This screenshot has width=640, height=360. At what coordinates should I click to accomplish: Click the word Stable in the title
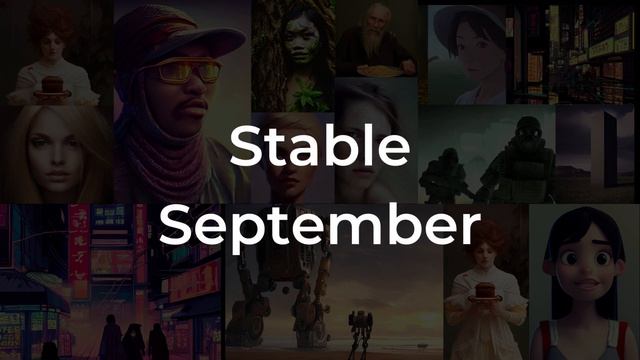tap(320, 147)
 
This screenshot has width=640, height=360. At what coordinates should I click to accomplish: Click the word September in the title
tap(320, 226)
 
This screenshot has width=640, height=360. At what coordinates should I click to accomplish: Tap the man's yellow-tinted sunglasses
tap(188, 71)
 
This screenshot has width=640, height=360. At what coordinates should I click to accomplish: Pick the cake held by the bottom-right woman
tap(487, 289)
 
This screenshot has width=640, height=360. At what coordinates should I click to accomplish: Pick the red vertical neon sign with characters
tap(79, 250)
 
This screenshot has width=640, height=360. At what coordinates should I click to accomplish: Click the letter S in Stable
tap(245, 147)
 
